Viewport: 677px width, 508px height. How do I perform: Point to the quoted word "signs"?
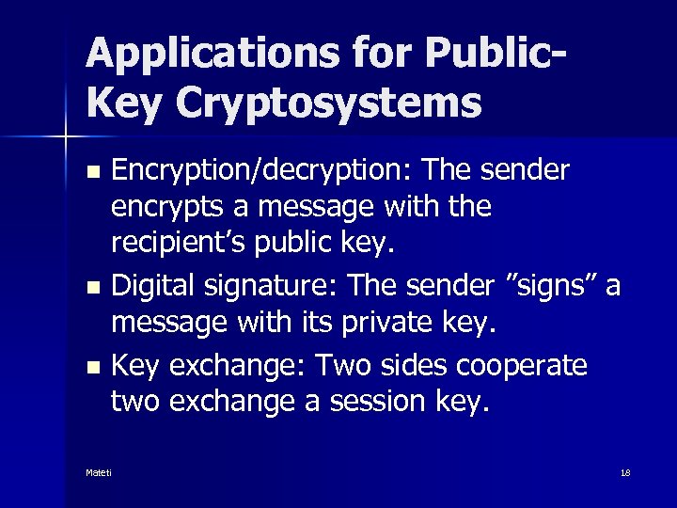548,284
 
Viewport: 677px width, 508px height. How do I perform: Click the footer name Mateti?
98,472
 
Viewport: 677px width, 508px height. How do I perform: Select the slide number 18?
625,472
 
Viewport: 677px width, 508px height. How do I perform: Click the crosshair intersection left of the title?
66,137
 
